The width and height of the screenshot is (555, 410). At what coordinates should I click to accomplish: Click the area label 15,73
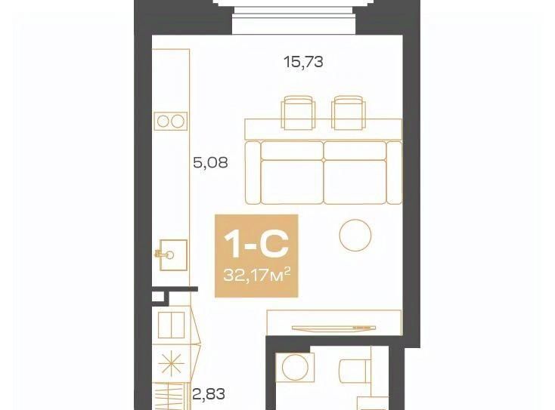coord(304,62)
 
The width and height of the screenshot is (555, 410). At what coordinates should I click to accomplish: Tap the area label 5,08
coord(211,163)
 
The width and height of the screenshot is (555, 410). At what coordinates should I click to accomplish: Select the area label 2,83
coord(209,393)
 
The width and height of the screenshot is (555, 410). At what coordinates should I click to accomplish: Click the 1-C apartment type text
coord(256,245)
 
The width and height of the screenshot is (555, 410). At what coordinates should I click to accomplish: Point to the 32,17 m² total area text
coord(257,275)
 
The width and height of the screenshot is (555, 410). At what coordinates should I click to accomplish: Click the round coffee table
coord(355,236)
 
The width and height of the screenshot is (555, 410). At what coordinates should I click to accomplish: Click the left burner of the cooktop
coord(163,122)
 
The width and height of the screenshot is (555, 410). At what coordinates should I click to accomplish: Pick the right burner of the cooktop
coord(177,122)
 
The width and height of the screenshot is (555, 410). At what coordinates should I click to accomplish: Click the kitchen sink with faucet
coord(172,255)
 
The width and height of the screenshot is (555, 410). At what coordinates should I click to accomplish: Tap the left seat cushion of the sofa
coord(293,182)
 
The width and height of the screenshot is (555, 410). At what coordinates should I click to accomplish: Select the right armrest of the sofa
coord(395,173)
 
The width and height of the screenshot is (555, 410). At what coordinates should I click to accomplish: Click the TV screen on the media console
coord(333,328)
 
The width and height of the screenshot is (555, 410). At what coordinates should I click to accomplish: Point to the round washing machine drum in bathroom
coord(295,367)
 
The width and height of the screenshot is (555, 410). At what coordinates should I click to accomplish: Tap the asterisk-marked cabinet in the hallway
coord(172,364)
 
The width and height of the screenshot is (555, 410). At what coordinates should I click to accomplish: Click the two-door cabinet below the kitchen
coord(172,325)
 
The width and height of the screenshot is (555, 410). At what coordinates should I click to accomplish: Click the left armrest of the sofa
coord(253,173)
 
